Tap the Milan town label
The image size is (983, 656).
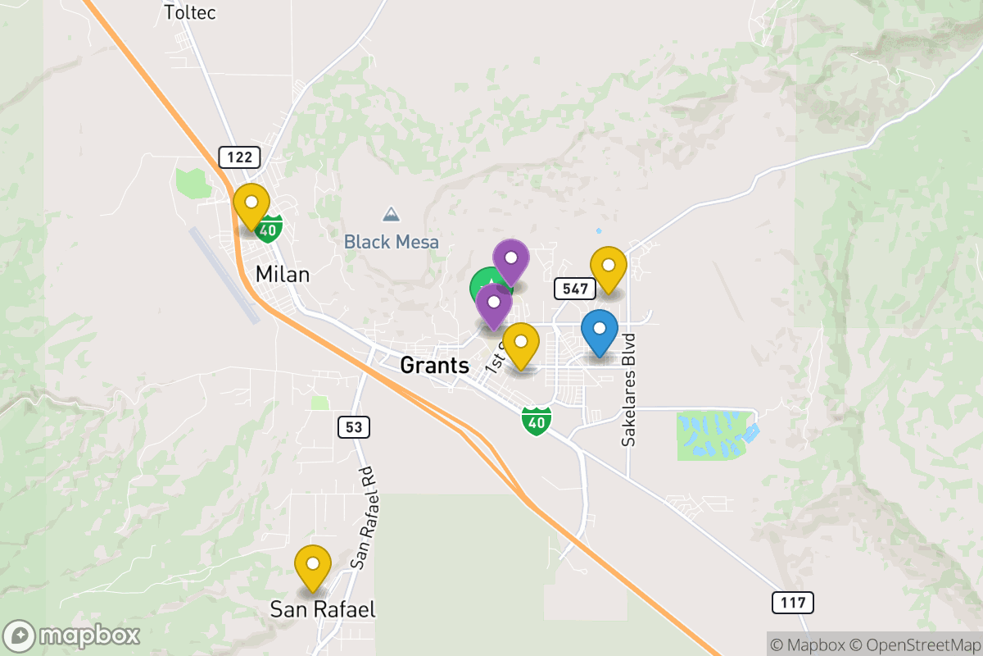tap(283, 274)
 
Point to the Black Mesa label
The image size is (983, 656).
tap(391, 242)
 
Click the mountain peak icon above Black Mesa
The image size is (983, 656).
tap(392, 215)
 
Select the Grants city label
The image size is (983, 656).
tap(434, 365)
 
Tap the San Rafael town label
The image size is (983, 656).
tap(323, 609)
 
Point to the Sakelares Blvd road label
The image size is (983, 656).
tap(628, 389)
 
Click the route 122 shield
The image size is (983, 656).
tap(239, 157)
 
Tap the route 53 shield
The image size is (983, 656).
tap(353, 426)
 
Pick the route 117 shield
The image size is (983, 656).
tap(793, 604)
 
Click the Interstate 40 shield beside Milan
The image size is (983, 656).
tap(268, 228)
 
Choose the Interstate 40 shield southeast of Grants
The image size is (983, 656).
tap(536, 421)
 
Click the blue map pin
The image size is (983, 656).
tap(600, 330)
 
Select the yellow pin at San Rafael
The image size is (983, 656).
tap(312, 565)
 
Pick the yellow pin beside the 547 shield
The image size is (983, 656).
tap(609, 266)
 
